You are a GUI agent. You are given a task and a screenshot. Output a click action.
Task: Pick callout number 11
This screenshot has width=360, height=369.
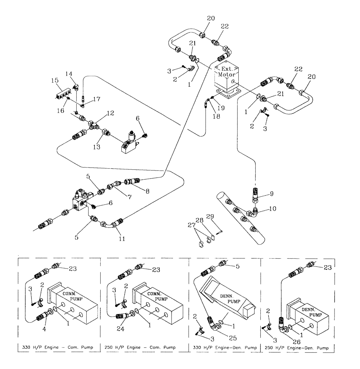pyautogui.click(x=121, y=239)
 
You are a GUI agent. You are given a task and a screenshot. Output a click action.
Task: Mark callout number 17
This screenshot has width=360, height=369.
pyautogui.click(x=97, y=99)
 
